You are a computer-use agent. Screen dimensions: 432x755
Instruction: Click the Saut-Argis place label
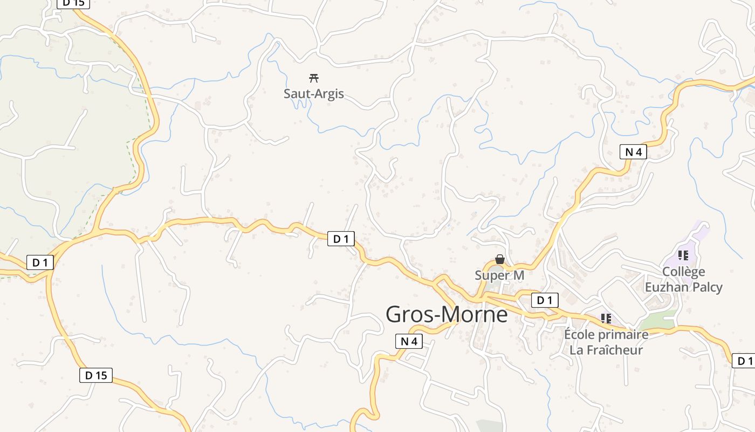tap(313, 93)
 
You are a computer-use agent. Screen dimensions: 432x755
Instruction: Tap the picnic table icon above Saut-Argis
tap(313, 78)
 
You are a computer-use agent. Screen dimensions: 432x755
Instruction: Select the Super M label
tap(499, 275)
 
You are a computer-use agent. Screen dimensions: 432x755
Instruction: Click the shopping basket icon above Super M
tap(500, 260)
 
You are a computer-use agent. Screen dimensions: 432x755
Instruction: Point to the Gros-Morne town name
tap(447, 314)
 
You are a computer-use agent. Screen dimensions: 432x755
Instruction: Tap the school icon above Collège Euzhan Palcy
tap(683, 255)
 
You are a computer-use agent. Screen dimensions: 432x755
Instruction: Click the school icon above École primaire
tap(606, 319)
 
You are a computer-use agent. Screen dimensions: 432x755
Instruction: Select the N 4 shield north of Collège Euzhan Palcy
tap(633, 152)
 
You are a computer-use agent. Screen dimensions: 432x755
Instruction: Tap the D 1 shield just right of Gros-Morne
tap(545, 300)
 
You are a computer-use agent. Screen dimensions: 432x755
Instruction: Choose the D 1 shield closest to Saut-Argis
tap(341, 239)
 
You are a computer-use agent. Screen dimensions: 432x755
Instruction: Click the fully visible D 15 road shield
tap(96, 375)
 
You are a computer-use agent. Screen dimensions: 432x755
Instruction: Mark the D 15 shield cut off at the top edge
tap(73, 3)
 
